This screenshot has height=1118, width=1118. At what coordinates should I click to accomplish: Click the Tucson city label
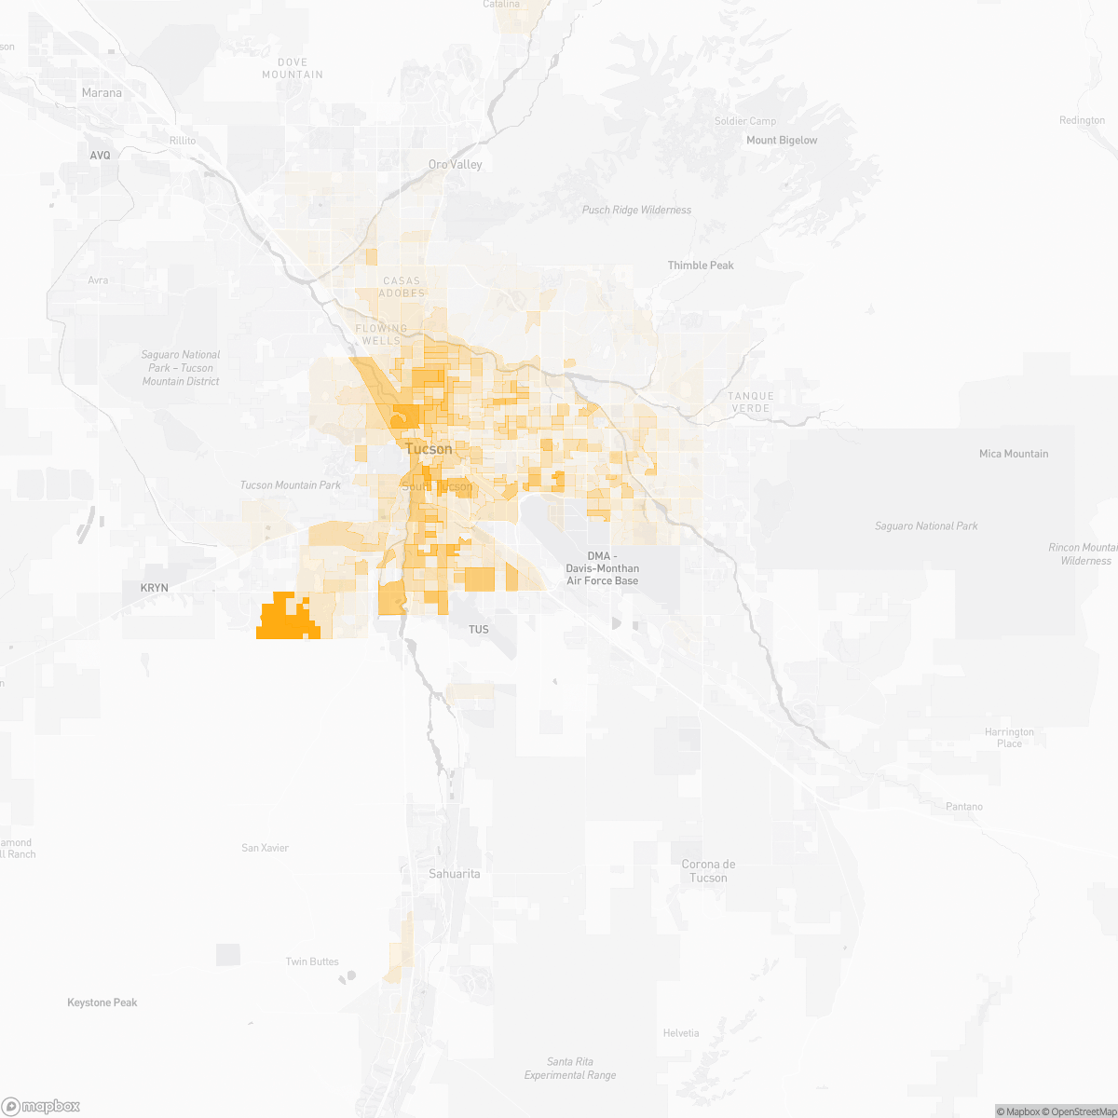(x=429, y=449)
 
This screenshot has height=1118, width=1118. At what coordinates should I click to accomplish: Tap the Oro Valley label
(x=456, y=165)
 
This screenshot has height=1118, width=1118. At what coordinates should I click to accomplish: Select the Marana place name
(x=102, y=93)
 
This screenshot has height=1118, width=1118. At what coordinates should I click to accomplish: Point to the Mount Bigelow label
(x=782, y=141)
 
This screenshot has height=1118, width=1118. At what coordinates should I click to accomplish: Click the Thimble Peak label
(x=701, y=266)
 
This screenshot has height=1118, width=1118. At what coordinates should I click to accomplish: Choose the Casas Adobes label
(x=402, y=287)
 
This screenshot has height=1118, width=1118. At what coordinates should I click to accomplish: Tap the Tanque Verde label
(x=751, y=402)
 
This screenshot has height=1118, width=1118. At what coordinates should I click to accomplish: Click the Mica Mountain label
(x=1014, y=454)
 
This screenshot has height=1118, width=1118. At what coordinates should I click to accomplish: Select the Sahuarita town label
(x=455, y=874)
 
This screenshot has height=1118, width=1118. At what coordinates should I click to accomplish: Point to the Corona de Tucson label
(x=708, y=871)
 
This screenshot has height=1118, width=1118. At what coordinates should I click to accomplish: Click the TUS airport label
(x=478, y=630)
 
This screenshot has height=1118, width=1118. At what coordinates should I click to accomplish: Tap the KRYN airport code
(x=155, y=588)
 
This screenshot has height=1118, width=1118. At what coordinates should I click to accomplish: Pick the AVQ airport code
(x=100, y=156)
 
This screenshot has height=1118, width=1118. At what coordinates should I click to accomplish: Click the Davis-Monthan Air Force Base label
(x=603, y=568)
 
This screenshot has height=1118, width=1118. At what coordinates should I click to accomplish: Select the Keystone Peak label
(x=102, y=1002)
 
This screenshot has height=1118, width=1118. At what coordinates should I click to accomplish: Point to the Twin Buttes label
(x=312, y=961)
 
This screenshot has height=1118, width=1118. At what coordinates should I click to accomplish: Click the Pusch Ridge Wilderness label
(x=636, y=211)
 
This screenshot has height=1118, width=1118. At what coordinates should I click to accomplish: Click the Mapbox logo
(x=41, y=1106)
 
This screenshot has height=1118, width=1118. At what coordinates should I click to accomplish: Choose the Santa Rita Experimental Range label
(x=570, y=1069)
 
